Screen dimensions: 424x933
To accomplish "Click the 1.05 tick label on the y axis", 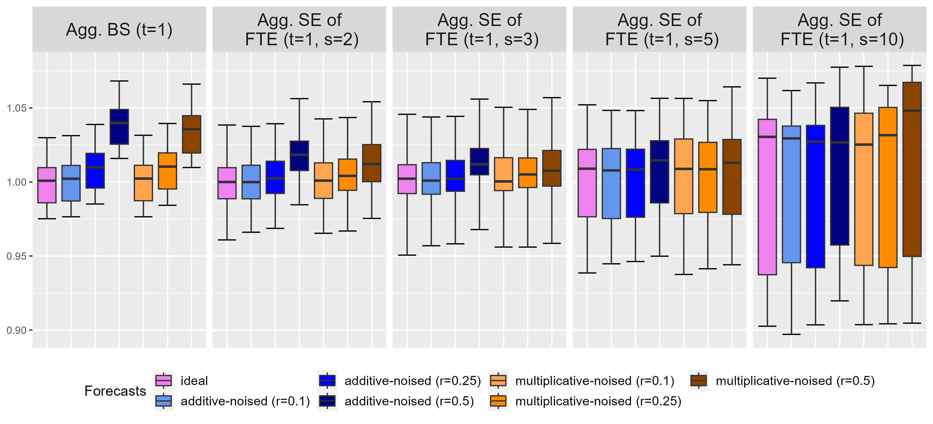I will (x=17, y=108).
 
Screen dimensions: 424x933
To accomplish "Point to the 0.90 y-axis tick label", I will (x=17, y=330).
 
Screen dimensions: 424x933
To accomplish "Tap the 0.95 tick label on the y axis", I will (x=17, y=256).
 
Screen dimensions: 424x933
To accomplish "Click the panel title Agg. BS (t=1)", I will (x=119, y=30).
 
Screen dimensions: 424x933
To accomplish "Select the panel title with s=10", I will (x=839, y=30).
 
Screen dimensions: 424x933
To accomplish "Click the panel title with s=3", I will (x=479, y=30).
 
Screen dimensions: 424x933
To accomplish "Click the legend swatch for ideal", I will (x=163, y=380).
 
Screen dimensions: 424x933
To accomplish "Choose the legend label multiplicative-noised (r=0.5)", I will (x=795, y=380).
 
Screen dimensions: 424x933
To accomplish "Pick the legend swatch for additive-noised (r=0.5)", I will (x=327, y=401).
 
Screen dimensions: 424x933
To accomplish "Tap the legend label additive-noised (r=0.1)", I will (x=245, y=401).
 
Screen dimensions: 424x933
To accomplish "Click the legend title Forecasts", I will (x=115, y=391).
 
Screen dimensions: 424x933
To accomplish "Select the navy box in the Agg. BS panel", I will (x=119, y=127).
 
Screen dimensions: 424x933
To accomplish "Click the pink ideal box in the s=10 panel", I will (x=767, y=197).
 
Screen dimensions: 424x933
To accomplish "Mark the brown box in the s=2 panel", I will (x=372, y=163).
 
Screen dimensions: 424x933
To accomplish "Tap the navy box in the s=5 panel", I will (x=660, y=172).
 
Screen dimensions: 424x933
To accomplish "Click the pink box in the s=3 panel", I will (x=407, y=179).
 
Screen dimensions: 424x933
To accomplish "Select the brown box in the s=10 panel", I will (x=912, y=169).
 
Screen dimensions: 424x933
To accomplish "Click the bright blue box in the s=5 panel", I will (x=635, y=183).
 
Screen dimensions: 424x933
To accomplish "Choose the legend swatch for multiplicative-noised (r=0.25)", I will (x=498, y=401).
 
